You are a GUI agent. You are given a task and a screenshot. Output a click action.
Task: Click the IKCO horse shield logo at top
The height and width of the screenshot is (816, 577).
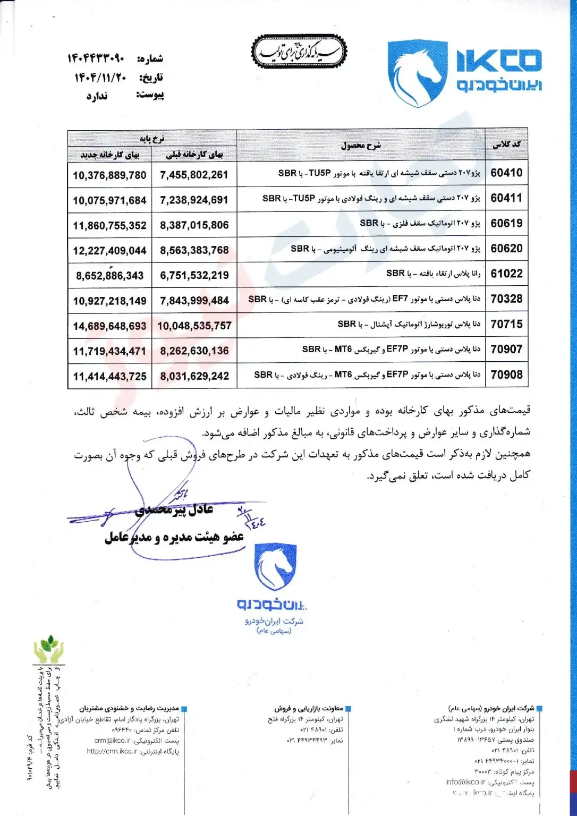417,73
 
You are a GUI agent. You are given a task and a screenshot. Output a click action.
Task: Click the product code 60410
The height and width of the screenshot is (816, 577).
506,173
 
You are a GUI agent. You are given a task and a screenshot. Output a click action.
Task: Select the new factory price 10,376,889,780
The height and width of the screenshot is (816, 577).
109,175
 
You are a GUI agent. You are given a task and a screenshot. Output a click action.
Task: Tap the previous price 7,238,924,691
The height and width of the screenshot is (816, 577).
194,200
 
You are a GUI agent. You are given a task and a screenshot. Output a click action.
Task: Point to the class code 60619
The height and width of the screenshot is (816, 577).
506,223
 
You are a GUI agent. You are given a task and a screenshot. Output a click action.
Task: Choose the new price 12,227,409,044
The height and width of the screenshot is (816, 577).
109,251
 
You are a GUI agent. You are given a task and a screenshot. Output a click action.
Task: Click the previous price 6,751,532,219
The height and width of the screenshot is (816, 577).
194,276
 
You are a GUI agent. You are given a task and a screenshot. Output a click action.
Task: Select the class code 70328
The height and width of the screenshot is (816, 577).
506,299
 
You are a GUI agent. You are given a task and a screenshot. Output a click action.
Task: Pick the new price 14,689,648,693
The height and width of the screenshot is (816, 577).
109,326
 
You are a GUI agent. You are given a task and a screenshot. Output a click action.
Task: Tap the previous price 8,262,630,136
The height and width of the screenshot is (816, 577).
194,351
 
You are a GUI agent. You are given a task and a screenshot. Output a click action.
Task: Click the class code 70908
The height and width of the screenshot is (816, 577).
506,375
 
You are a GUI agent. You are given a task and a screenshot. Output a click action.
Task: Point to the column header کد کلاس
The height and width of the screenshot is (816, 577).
506,144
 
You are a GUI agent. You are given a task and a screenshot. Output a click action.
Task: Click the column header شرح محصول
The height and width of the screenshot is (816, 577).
361,145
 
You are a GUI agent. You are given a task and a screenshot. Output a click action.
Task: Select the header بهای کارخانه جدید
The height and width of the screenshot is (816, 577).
109,155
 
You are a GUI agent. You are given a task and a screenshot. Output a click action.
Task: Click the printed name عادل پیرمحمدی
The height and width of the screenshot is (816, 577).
174,510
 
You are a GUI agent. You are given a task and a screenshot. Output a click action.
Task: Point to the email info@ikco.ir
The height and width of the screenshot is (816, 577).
465,782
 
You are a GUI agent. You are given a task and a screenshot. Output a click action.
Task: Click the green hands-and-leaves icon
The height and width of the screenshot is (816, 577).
48,649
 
